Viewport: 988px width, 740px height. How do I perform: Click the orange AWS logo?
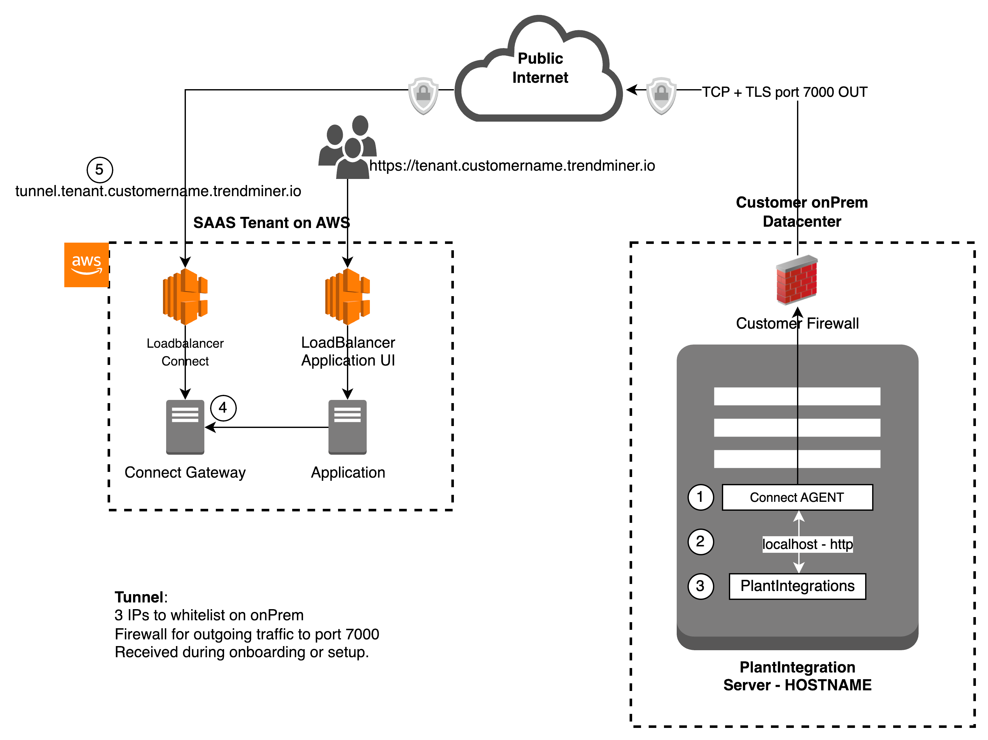click(x=86, y=265)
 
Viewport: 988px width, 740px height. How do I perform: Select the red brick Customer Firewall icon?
click(x=797, y=280)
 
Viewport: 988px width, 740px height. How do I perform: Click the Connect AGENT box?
click(x=797, y=497)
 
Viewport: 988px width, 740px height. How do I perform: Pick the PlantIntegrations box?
click(x=797, y=586)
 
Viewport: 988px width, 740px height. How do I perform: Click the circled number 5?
click(x=99, y=170)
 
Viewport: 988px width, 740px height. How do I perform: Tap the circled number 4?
click(x=223, y=408)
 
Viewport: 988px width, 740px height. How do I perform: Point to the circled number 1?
click(x=700, y=497)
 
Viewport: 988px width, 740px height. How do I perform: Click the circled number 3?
click(x=700, y=586)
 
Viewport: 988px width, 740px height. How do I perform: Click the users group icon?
click(x=348, y=147)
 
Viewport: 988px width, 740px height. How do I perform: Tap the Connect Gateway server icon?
click(x=185, y=427)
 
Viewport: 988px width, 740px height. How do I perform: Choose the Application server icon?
click(x=348, y=427)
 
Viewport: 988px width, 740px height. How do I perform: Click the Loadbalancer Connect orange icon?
click(x=185, y=296)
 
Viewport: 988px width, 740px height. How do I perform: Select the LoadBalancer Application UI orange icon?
click(x=348, y=296)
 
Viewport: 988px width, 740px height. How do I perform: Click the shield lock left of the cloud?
click(x=423, y=95)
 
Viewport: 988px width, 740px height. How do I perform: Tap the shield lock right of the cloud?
click(x=661, y=95)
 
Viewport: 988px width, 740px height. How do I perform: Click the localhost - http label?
click(x=807, y=544)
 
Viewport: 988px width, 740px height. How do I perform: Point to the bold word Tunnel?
click(x=139, y=597)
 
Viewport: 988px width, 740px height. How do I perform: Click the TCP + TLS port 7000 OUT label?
click(x=784, y=92)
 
